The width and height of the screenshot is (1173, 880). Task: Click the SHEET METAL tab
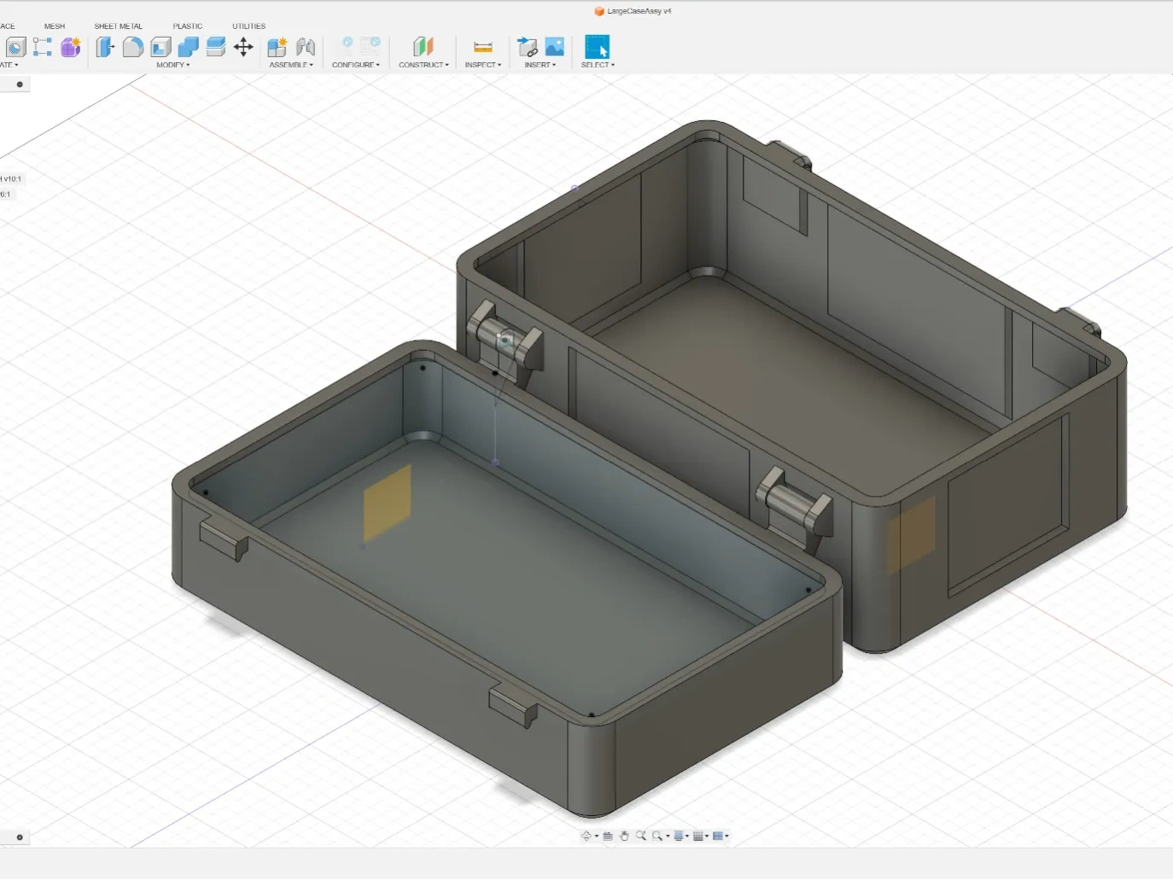(x=118, y=26)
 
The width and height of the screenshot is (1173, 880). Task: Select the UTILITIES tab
(x=248, y=26)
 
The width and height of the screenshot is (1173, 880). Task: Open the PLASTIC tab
(x=188, y=26)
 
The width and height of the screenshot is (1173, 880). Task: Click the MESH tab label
(x=55, y=26)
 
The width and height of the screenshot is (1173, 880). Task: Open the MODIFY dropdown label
(x=172, y=65)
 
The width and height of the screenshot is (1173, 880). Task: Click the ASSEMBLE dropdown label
(x=290, y=65)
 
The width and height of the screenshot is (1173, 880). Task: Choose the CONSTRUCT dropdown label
(x=423, y=65)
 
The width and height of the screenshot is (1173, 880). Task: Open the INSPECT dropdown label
(x=482, y=65)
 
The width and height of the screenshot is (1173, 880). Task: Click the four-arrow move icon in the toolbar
(x=243, y=47)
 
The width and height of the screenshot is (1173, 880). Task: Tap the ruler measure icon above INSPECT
(x=482, y=47)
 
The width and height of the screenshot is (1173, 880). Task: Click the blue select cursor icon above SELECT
(x=597, y=47)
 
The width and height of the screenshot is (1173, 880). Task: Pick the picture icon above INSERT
(x=555, y=47)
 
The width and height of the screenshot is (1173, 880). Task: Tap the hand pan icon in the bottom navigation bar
(x=624, y=836)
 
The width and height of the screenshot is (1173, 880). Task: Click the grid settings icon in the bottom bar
(x=698, y=836)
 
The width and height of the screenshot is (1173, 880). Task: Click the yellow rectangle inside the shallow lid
(x=388, y=503)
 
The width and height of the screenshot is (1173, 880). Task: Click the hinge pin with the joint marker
(x=506, y=339)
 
